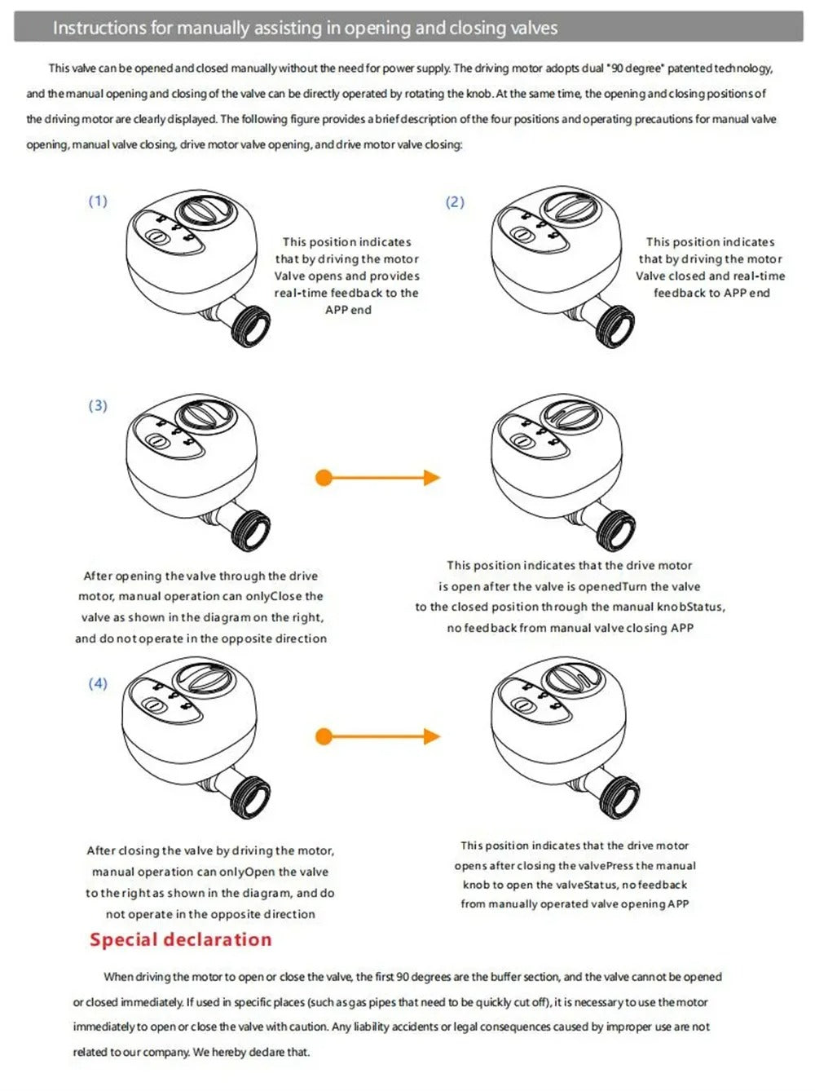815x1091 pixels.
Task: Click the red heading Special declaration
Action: point(180,939)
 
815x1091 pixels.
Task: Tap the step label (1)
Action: point(98,201)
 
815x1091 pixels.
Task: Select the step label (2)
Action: point(455,201)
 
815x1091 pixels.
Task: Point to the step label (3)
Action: point(98,405)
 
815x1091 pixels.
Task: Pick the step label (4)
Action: point(98,683)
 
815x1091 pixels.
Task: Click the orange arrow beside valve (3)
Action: point(377,478)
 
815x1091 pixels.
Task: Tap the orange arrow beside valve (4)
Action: point(377,737)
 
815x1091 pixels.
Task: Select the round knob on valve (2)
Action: point(571,209)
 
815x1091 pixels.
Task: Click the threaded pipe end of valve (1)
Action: point(251,327)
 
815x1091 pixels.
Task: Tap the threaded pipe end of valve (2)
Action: point(615,328)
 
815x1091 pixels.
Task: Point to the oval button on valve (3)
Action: point(156,441)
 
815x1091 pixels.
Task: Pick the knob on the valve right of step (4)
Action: point(571,678)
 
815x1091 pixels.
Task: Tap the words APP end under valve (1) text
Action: point(348,310)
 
